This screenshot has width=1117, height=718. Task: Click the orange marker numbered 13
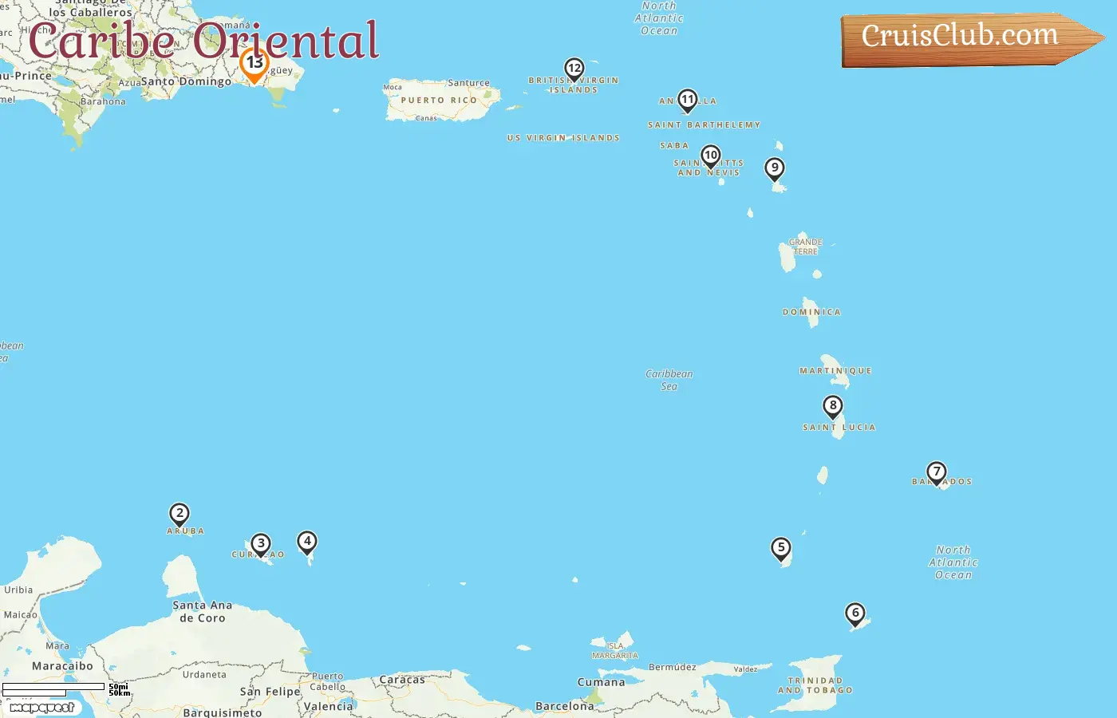(x=255, y=64)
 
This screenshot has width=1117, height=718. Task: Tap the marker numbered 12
(x=574, y=69)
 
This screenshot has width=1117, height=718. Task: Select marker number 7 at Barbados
(x=937, y=472)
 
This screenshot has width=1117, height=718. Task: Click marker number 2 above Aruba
(x=180, y=514)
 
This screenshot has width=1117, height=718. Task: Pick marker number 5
(x=781, y=548)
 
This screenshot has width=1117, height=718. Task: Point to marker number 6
(x=855, y=613)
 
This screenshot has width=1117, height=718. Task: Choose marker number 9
(x=774, y=168)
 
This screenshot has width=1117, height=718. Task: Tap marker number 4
(x=307, y=542)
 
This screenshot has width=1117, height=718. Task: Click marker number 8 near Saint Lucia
(x=833, y=406)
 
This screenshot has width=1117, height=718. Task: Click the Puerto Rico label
(x=439, y=101)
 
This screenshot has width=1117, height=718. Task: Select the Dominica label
(x=811, y=312)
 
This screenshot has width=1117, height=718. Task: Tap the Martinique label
(x=835, y=371)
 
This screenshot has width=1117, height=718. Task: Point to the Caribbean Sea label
(x=669, y=380)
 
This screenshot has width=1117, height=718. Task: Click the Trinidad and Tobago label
(x=815, y=685)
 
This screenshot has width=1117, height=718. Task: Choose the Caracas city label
(x=402, y=680)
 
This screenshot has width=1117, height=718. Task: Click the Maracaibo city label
(x=62, y=666)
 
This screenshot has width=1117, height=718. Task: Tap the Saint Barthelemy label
(x=704, y=125)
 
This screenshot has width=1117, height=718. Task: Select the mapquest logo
(x=42, y=708)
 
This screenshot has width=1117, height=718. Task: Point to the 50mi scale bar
(x=53, y=687)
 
